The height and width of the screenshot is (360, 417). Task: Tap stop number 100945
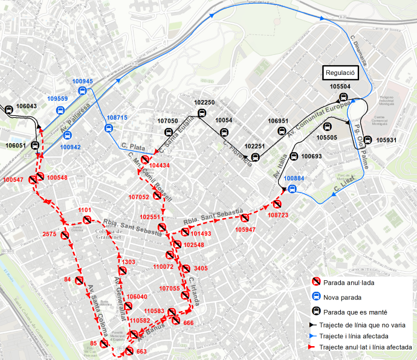(83, 81)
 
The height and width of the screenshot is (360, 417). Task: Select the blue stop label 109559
(58, 98)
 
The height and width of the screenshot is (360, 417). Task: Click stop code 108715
(117, 117)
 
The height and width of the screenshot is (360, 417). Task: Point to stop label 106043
(27, 106)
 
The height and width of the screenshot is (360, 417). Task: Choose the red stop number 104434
(159, 165)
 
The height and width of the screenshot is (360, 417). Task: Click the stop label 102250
(204, 103)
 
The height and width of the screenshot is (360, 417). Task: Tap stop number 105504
(340, 87)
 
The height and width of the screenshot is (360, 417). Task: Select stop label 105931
(386, 140)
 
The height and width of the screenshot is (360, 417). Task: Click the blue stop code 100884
(294, 179)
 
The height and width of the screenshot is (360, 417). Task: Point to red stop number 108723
(279, 215)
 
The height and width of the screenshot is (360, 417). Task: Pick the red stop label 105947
(246, 230)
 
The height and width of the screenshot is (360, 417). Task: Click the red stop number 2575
(50, 234)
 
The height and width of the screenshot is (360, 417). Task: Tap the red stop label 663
(142, 352)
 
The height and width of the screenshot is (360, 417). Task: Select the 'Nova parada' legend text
(342, 297)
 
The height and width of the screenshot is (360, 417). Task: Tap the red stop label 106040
(137, 297)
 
